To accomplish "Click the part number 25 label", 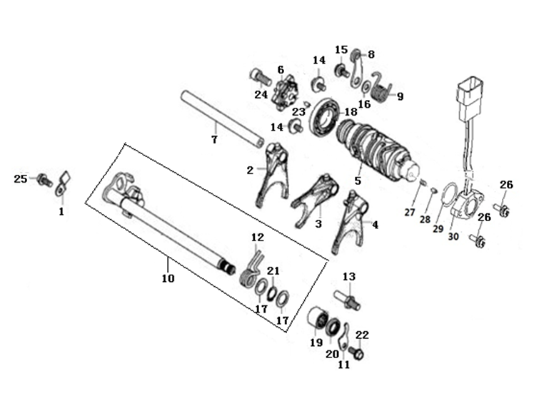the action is point(20,179).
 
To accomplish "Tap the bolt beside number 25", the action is point(44,179).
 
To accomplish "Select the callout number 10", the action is point(168,278).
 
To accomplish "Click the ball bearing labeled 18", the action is point(323,116).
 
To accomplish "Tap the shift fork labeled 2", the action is point(274,173).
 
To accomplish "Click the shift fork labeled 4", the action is point(350,222).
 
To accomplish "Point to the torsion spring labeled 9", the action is point(381,88).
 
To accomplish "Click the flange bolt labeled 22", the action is point(356,352).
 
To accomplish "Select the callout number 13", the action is point(349,277).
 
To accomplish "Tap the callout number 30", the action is point(454,237).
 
